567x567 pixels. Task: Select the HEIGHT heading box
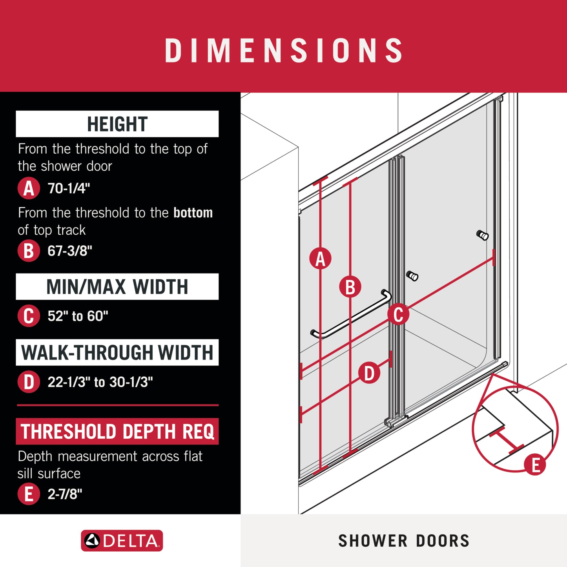(117, 124)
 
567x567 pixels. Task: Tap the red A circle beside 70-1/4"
(29, 188)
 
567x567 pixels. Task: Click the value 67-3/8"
(69, 250)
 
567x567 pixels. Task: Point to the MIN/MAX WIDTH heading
(117, 286)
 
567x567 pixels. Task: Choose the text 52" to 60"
(78, 316)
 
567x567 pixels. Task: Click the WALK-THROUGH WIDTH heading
(117, 352)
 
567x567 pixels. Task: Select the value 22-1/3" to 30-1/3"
(100, 382)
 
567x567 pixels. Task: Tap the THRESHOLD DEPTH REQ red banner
(117, 431)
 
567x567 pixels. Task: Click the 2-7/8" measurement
(65, 494)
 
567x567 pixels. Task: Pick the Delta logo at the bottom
(122, 541)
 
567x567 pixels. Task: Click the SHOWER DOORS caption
(404, 541)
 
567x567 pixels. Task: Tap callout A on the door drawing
(320, 259)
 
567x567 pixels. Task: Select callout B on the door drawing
(350, 286)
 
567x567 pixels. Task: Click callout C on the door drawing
(398, 315)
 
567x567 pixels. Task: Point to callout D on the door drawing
(369, 373)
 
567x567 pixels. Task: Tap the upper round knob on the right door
(483, 235)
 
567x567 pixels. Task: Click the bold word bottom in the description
(193, 213)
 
